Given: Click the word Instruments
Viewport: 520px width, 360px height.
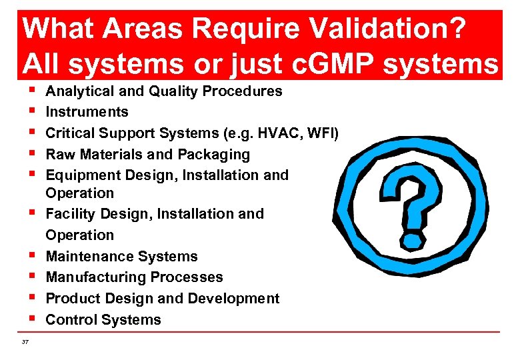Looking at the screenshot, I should coord(87,111).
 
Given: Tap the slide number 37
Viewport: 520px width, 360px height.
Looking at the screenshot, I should coord(25,342).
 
